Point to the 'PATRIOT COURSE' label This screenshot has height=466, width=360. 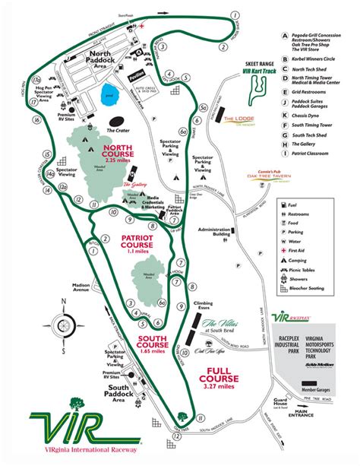coord(137,242)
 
